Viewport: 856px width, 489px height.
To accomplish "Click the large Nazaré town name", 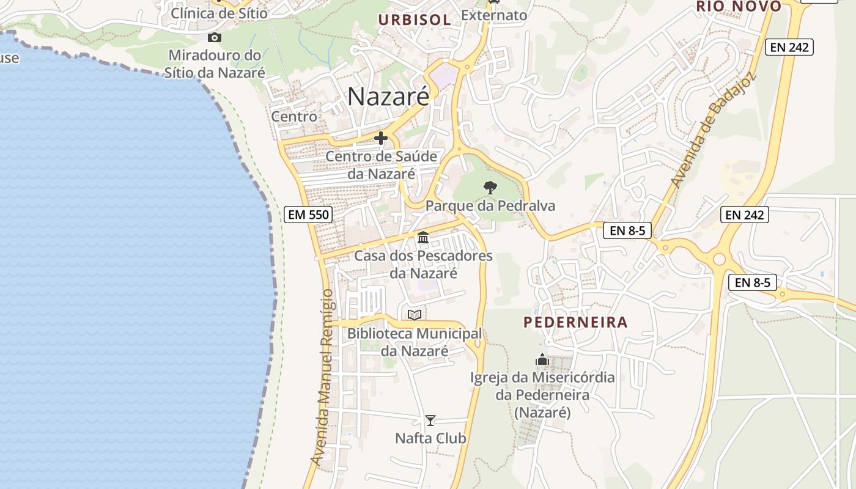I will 388,97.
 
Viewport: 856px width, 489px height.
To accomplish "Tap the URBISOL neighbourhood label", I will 415,20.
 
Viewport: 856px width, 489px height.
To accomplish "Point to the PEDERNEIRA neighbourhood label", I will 575,322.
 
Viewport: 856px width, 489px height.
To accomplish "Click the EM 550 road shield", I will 308,215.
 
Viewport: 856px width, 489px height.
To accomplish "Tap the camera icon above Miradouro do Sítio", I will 214,38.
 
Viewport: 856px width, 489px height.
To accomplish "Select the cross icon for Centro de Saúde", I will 381,138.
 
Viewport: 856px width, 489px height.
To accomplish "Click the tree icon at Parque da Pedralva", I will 490,188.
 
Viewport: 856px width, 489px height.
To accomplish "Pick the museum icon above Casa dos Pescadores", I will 423,237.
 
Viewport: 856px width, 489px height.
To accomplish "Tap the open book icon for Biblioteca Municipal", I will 415,315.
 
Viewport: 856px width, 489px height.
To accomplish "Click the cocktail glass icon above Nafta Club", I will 430,421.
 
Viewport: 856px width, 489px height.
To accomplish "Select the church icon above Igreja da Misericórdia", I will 542,360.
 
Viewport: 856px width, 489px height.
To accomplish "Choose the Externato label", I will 494,15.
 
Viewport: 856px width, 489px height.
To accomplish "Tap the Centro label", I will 294,116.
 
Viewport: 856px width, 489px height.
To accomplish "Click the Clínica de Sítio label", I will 220,13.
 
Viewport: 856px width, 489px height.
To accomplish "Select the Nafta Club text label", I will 430,438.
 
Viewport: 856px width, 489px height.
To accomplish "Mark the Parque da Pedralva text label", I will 490,205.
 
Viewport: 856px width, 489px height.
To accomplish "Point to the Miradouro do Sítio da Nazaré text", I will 215,64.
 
